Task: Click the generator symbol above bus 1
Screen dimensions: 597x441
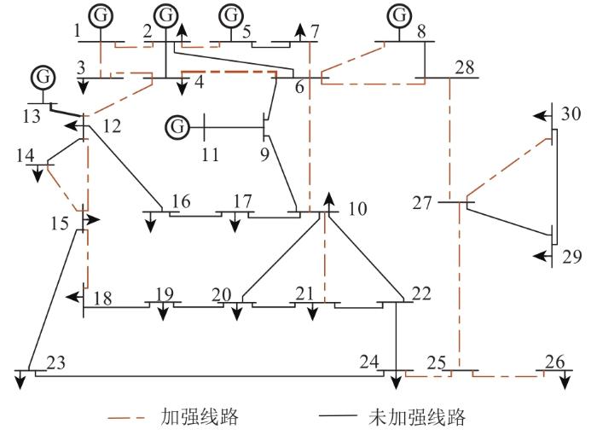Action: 101,15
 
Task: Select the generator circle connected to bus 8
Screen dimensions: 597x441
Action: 399,15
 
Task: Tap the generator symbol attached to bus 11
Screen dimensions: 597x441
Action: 177,126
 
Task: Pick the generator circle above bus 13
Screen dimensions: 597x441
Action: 43,78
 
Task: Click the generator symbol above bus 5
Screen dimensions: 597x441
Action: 231,15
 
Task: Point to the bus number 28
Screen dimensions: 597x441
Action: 465,67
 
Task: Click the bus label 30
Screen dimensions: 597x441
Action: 571,113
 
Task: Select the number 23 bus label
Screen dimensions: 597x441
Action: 55,363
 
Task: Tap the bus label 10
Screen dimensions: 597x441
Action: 357,209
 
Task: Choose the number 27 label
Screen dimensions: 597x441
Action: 422,203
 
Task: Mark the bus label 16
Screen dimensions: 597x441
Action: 181,201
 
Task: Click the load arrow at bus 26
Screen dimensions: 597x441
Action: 565,380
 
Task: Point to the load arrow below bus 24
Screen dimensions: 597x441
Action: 397,380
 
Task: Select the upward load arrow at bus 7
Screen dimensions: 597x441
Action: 301,32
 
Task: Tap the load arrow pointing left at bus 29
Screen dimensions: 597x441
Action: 542,256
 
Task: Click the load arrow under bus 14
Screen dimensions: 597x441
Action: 38,174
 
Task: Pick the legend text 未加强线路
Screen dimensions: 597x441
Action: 417,417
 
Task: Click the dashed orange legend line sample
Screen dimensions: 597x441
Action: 126,418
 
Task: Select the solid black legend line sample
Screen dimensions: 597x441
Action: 338,415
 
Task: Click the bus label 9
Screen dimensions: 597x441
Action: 265,154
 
